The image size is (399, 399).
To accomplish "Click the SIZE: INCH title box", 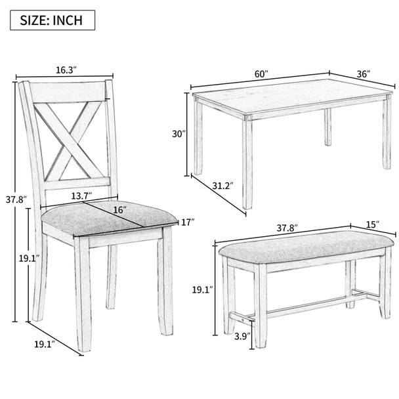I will click(x=52, y=20).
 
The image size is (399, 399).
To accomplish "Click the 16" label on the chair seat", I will click(x=118, y=209).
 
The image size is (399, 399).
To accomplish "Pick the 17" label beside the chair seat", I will click(x=188, y=222).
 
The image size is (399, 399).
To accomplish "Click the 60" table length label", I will click(x=262, y=74).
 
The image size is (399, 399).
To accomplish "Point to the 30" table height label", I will click(x=179, y=134).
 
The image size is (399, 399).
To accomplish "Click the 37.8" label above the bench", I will click(x=287, y=228).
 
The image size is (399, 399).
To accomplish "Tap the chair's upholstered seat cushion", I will click(x=108, y=217).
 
